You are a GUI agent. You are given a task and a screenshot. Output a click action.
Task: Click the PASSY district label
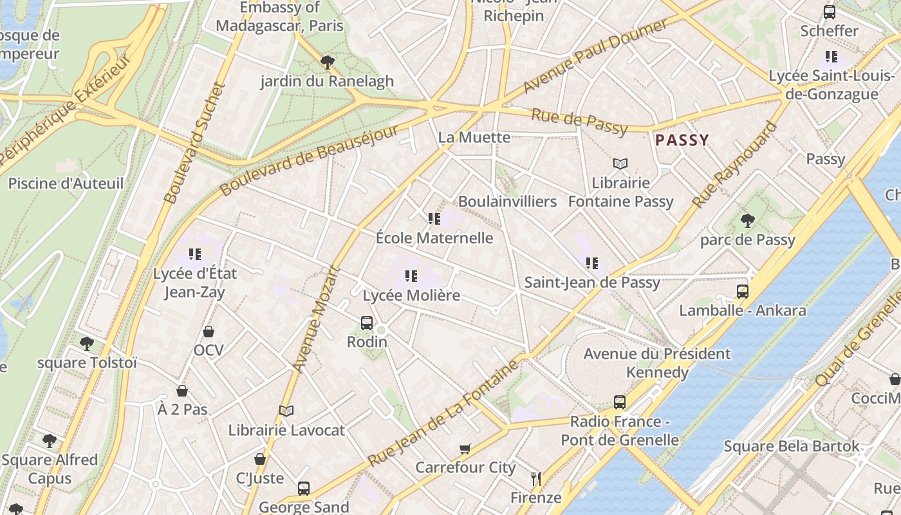[682, 140]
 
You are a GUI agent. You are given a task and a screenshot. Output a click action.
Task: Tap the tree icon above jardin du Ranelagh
[327, 62]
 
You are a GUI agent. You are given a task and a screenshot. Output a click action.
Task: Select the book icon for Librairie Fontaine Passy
[620, 164]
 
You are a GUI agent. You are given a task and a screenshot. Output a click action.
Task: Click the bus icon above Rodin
[367, 323]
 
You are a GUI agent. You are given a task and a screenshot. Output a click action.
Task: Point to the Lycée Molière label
[412, 295]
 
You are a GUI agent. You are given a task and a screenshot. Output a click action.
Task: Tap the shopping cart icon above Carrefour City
[465, 449]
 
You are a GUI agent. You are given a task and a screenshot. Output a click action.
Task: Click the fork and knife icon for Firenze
[536, 478]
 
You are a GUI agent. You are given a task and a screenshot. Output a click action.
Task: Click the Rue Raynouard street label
[734, 165]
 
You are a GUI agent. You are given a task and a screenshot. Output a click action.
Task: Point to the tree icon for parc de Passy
[747, 221]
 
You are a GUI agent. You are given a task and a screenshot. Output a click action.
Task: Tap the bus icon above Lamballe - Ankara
[743, 292]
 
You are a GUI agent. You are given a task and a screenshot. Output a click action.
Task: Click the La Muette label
[474, 137]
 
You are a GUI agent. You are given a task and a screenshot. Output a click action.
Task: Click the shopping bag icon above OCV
[208, 332]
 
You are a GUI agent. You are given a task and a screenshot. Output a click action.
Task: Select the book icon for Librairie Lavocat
[286, 411]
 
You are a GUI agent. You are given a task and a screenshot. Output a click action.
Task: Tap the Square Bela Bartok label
[791, 446]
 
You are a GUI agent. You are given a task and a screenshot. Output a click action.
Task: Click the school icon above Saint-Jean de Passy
[592, 263]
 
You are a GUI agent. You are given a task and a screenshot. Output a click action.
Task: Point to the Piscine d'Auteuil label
[66, 183]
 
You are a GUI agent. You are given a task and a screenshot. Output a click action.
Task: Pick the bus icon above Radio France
[619, 402]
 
